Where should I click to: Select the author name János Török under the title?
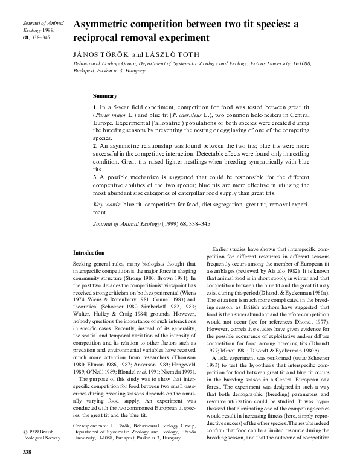[x=100, y=53]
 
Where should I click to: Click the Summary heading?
[x=105, y=95]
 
